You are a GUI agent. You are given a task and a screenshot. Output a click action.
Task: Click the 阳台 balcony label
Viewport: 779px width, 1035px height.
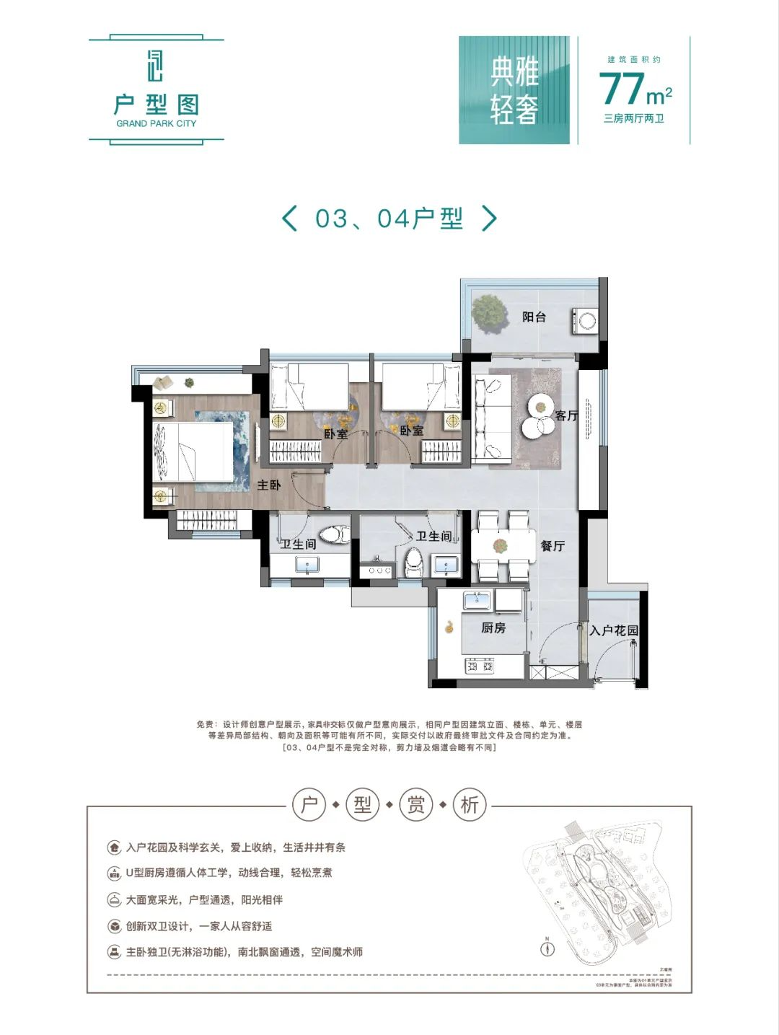coord(534,317)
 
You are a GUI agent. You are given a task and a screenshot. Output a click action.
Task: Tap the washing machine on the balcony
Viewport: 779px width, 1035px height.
coord(585,320)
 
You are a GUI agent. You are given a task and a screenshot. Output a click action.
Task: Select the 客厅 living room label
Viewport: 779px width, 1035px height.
coord(566,415)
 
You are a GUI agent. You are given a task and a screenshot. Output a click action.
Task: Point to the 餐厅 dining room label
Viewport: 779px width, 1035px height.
coord(553,546)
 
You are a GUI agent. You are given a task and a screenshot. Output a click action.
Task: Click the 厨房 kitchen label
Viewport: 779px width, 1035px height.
coord(493,627)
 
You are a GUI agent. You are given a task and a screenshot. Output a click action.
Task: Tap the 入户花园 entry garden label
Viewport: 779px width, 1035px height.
coord(614,630)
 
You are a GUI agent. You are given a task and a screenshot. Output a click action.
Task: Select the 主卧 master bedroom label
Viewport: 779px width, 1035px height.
coord(268,485)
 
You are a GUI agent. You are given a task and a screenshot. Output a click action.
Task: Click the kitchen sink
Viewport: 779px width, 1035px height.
coord(477,599)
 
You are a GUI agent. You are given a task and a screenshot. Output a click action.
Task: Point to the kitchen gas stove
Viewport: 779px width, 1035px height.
coord(480,666)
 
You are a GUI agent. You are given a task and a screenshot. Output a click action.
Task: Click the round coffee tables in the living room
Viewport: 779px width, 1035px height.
coord(540,417)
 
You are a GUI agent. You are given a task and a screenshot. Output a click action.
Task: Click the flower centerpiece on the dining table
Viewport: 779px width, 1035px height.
coord(501,546)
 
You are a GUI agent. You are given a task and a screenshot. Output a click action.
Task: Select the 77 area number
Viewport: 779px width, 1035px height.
coord(621,88)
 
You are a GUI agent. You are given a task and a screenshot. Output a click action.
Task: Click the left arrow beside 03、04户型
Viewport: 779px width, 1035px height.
coord(289,218)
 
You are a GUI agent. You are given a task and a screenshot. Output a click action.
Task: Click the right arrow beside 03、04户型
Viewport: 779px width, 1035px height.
coord(489,218)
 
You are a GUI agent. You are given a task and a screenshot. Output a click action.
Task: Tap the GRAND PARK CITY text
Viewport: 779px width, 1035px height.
coord(156,123)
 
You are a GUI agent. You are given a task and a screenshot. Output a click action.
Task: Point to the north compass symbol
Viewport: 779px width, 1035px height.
coord(547,948)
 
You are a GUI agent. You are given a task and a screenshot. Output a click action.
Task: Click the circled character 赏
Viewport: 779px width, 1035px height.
coord(416,804)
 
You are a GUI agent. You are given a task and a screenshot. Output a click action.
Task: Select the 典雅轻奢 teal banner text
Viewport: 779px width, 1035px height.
coord(514,90)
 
